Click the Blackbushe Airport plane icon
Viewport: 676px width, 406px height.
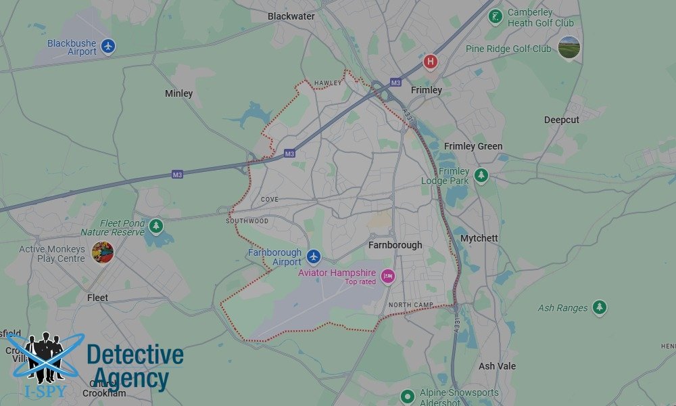point(108,47)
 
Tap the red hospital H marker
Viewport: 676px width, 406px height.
point(430,62)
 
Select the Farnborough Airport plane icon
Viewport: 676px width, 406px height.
point(313,256)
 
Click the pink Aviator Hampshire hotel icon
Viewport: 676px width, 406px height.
point(388,276)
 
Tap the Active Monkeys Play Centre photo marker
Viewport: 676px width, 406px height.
point(103,252)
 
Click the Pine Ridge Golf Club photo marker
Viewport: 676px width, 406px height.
point(569,47)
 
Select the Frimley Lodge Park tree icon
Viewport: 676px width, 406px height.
point(481,175)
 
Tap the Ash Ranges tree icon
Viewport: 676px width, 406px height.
point(599,308)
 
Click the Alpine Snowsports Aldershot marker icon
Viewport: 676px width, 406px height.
point(407,397)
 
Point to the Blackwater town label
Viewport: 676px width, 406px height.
point(291,16)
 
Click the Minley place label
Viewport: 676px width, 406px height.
point(179,93)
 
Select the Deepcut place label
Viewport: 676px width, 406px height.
point(562,120)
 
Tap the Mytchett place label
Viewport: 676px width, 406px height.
point(479,238)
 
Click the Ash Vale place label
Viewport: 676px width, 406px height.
point(497,366)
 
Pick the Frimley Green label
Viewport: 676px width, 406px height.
point(473,146)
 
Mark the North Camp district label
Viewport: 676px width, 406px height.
point(410,305)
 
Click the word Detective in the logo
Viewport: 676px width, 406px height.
point(135,355)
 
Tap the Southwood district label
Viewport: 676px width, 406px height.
point(247,221)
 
